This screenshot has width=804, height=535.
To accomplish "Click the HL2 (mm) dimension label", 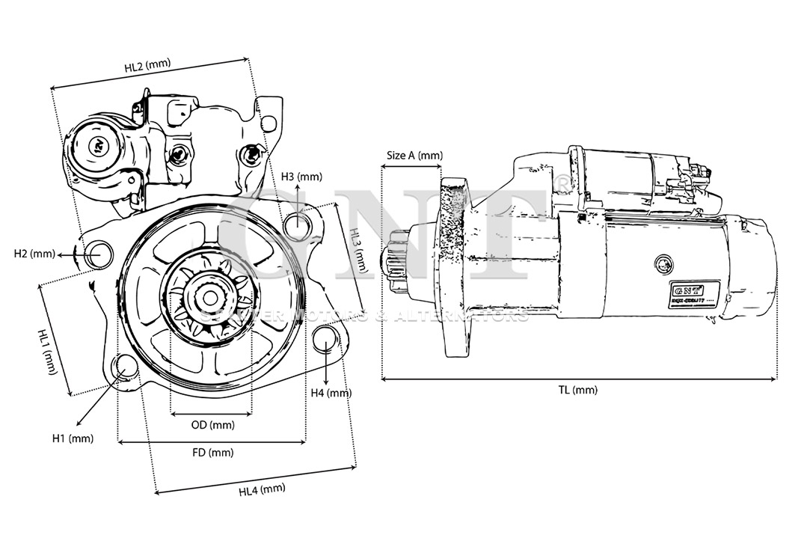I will tap(147, 65).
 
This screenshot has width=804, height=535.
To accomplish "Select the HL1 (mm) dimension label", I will tap(48, 352).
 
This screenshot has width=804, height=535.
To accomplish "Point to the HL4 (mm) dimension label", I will tap(262, 490).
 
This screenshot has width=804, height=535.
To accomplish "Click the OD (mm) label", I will tap(212, 425).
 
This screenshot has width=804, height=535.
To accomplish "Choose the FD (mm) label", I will tap(212, 452).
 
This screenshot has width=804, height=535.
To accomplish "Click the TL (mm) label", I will tap(578, 390).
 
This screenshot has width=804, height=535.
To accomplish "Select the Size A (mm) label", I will tap(414, 156).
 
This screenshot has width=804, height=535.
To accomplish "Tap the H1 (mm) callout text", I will tap(73, 438).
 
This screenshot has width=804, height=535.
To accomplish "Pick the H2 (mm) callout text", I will tap(34, 254).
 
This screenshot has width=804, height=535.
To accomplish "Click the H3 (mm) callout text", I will tap(301, 177).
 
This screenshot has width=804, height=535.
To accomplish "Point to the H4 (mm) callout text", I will tap(331, 393).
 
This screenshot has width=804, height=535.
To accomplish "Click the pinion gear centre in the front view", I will tap(211, 297).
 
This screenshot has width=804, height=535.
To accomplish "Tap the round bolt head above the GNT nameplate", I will tap(663, 264).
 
